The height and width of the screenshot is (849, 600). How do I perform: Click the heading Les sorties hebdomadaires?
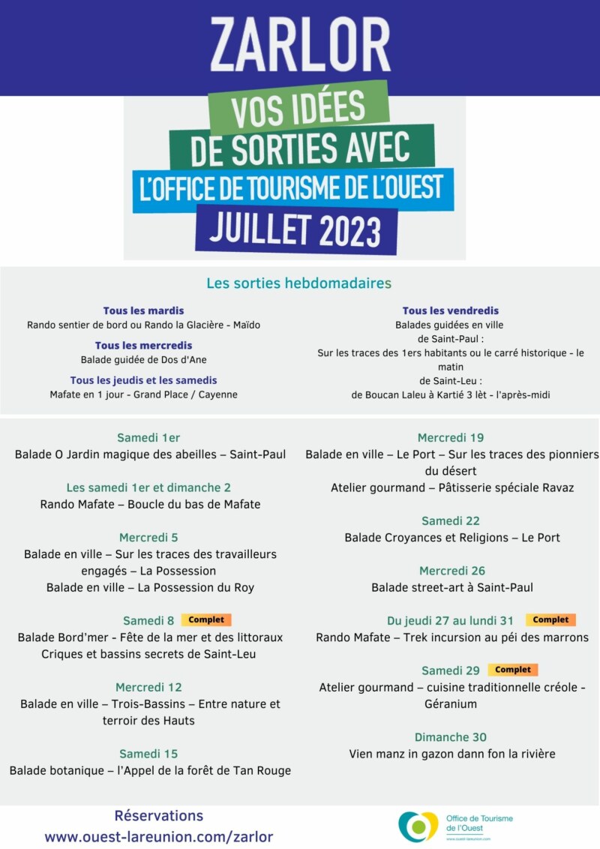tap(298, 283)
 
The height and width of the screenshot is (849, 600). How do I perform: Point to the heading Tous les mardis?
tap(143, 310)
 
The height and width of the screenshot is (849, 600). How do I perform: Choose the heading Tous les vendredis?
tap(450, 310)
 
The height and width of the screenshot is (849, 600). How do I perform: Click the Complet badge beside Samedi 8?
tap(206, 620)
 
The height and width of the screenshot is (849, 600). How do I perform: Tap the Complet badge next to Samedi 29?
tap(513, 670)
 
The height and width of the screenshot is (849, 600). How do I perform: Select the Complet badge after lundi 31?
tap(550, 620)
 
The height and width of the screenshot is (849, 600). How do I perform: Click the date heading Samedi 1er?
tap(148, 438)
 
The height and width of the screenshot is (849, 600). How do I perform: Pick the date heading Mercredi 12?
tap(148, 687)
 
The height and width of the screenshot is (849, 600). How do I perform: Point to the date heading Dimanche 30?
tap(451, 736)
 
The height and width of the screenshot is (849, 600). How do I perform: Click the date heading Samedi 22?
tap(451, 520)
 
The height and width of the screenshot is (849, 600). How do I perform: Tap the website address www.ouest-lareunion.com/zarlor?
tap(159, 836)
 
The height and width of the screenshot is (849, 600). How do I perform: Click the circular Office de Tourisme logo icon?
tap(418, 826)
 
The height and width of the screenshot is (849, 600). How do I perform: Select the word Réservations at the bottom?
tap(159, 815)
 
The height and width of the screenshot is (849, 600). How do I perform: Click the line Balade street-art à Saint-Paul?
tap(452, 587)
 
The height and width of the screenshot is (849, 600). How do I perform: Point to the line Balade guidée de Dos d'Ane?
tap(143, 359)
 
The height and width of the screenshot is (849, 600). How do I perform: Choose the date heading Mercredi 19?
tap(451, 438)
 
